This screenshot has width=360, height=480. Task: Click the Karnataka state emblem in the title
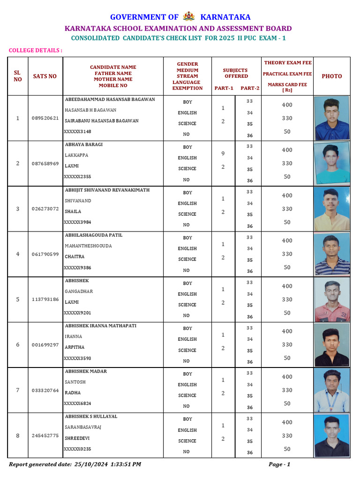189,16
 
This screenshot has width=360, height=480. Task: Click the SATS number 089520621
45,118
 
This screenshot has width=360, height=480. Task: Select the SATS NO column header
45,76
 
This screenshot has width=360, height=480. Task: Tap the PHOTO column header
331,76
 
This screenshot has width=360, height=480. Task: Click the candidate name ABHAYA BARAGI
83,144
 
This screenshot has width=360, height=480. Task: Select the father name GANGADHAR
79,291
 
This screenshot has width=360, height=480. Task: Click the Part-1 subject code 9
223,153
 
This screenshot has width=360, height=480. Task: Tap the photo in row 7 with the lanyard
332,390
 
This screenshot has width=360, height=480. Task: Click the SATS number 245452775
45,435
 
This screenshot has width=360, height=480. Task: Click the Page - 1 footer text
279,464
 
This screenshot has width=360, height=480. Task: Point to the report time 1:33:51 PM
126,464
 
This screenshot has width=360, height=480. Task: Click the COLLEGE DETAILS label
36,50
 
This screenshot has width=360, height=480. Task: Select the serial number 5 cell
18,299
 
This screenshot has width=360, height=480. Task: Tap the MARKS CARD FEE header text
287,84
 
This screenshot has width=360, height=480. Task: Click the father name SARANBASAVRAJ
83,427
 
